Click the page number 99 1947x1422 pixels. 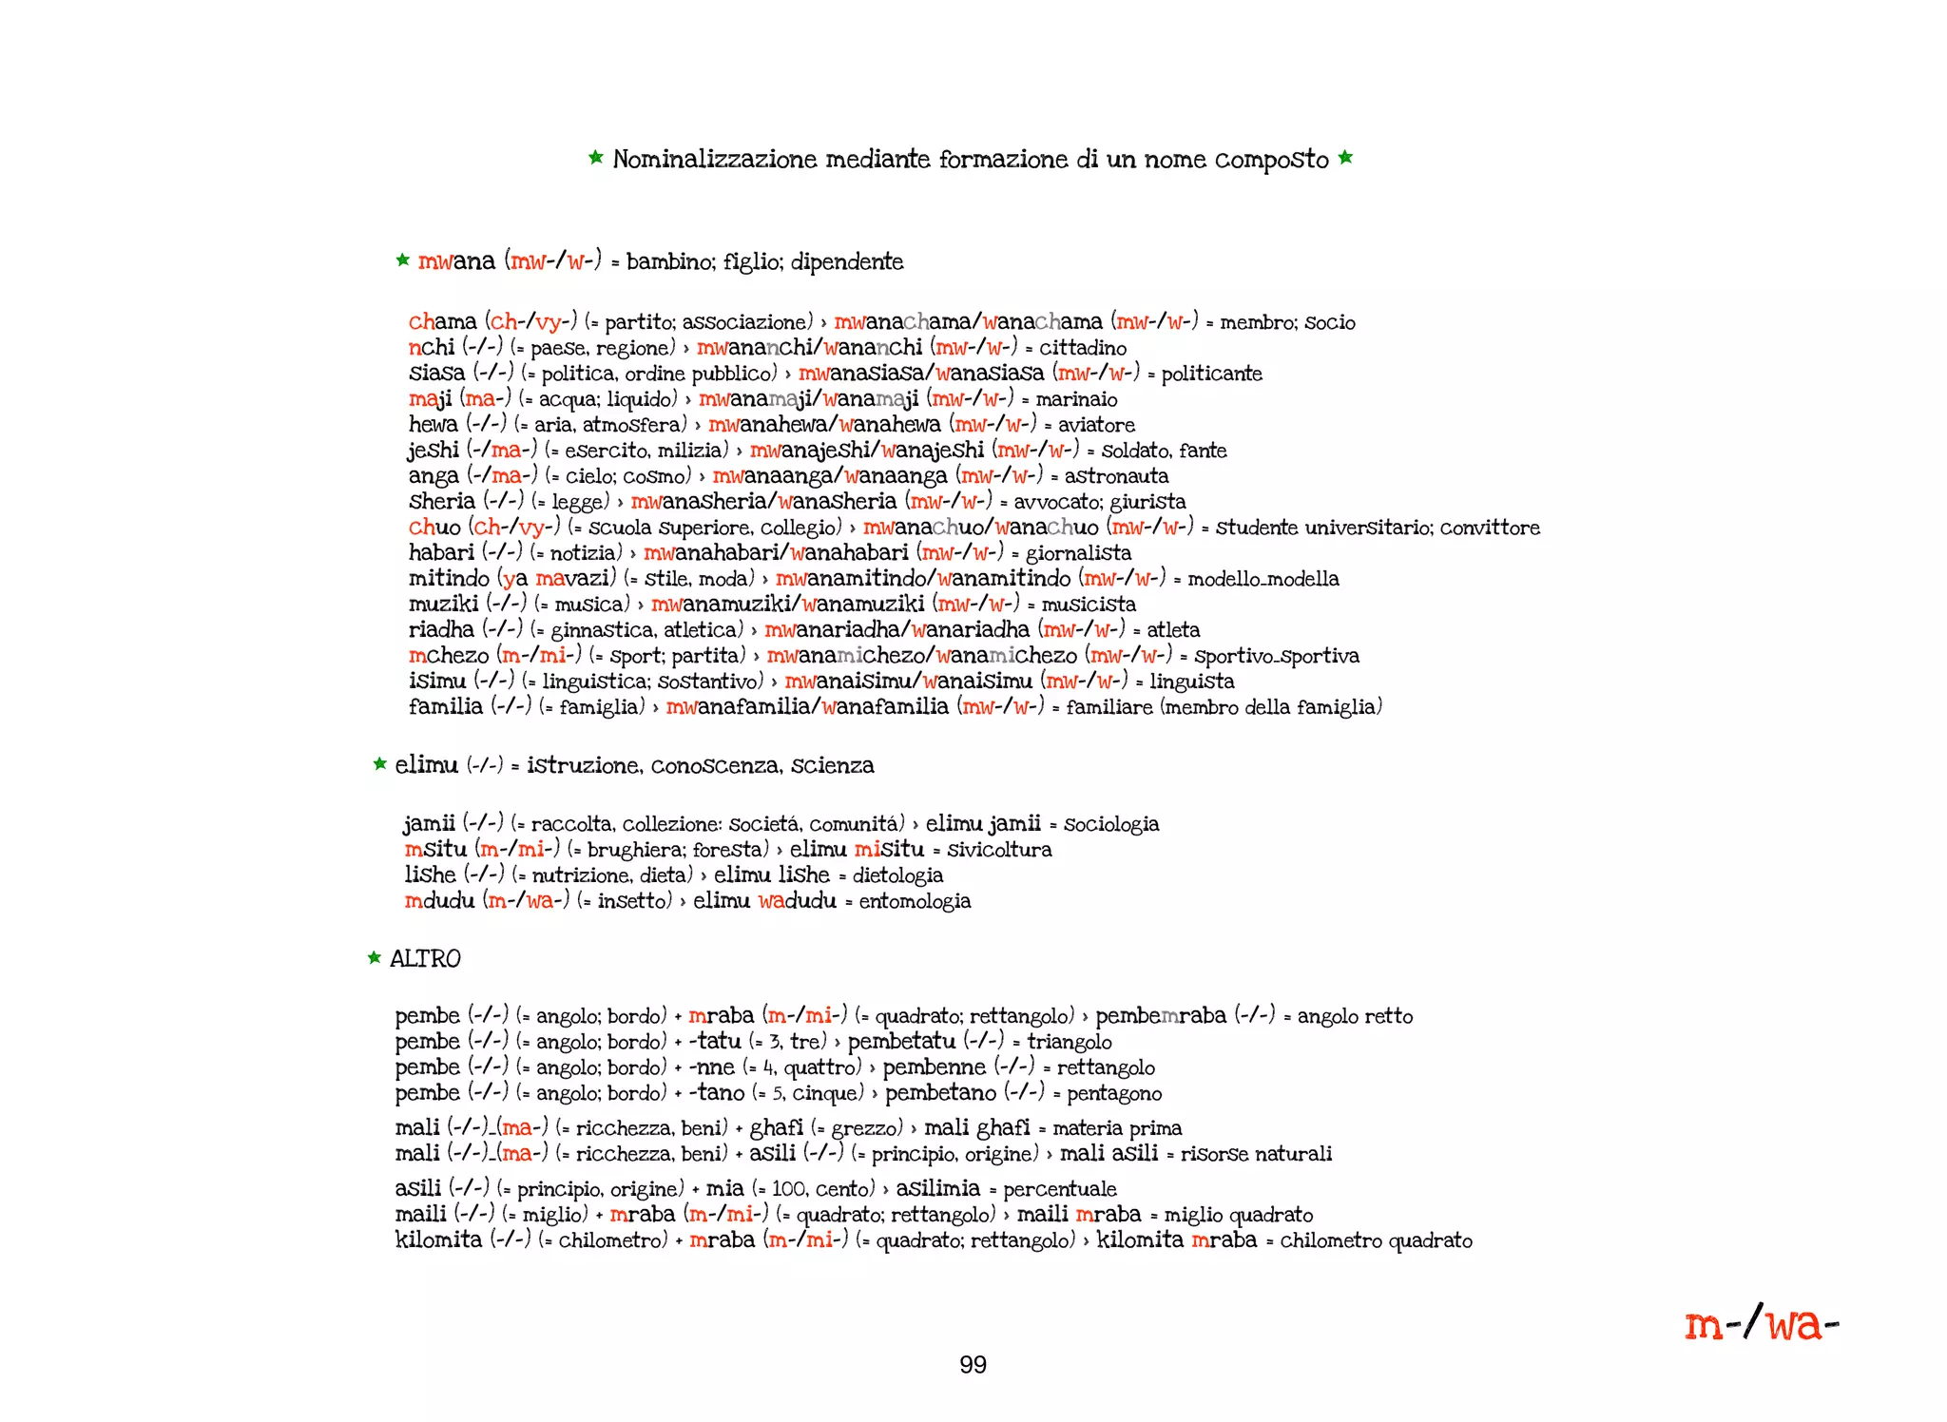tap(973, 1365)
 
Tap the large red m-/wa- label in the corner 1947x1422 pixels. tap(1761, 1323)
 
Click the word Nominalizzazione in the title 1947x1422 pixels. tap(714, 159)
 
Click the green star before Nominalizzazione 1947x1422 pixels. tap(596, 157)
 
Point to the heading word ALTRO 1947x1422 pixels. tap(425, 958)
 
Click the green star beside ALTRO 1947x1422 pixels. tap(375, 957)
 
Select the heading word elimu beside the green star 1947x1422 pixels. tap(426, 764)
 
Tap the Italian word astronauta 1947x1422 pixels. tap(1116, 476)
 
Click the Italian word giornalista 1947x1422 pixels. tap(1078, 553)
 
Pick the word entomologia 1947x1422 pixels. tap(915, 901)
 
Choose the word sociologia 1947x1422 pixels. tap(1111, 824)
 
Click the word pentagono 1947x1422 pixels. tap(1114, 1093)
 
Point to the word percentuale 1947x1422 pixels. tap(1060, 1189)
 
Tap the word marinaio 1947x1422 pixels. tap(1076, 399)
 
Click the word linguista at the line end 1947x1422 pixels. tap(1192, 682)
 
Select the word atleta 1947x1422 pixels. tap(1173, 630)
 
